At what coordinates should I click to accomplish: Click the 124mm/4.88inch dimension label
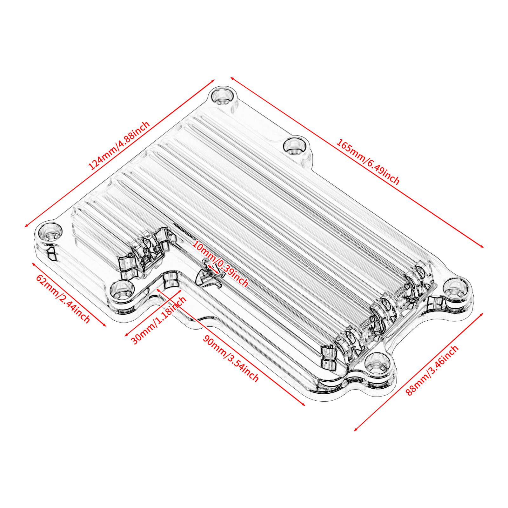[119, 146]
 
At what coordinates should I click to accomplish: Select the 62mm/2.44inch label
[63, 298]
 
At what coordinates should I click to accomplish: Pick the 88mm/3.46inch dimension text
[432, 370]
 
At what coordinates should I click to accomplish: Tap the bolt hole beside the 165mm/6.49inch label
[294, 146]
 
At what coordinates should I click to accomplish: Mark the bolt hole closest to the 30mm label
[122, 290]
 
